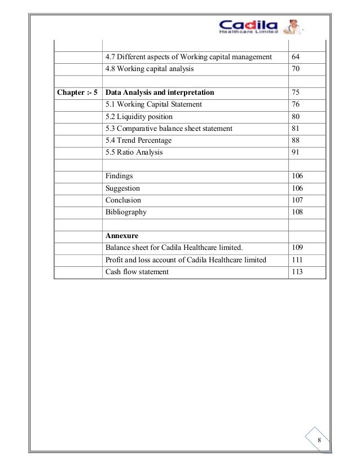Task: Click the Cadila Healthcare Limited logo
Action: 248,25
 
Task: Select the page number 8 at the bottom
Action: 319,440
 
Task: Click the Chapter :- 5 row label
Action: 78,93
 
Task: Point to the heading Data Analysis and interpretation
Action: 160,93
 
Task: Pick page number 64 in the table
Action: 296,57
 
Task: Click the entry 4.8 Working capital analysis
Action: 149,69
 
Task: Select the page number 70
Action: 296,69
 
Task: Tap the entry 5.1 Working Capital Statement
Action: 153,104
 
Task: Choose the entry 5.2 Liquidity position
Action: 139,117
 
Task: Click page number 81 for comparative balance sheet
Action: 296,129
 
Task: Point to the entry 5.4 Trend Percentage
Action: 138,140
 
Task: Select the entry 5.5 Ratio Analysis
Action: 134,152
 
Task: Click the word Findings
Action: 119,177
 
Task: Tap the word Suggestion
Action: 122,188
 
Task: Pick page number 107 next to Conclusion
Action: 297,200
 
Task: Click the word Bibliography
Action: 126,212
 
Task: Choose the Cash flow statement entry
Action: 137,272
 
